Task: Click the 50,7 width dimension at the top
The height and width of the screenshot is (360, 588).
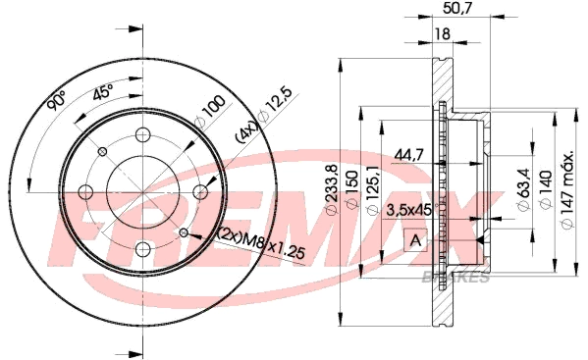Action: (456, 8)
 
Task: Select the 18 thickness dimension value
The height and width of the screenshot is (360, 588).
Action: (443, 34)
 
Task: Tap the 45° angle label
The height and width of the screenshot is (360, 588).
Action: (103, 92)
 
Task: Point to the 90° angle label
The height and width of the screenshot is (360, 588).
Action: (56, 100)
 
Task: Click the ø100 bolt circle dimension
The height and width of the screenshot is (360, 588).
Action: (210, 111)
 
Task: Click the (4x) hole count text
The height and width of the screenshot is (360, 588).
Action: (247, 132)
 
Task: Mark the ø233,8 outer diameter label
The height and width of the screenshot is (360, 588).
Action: (332, 190)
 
